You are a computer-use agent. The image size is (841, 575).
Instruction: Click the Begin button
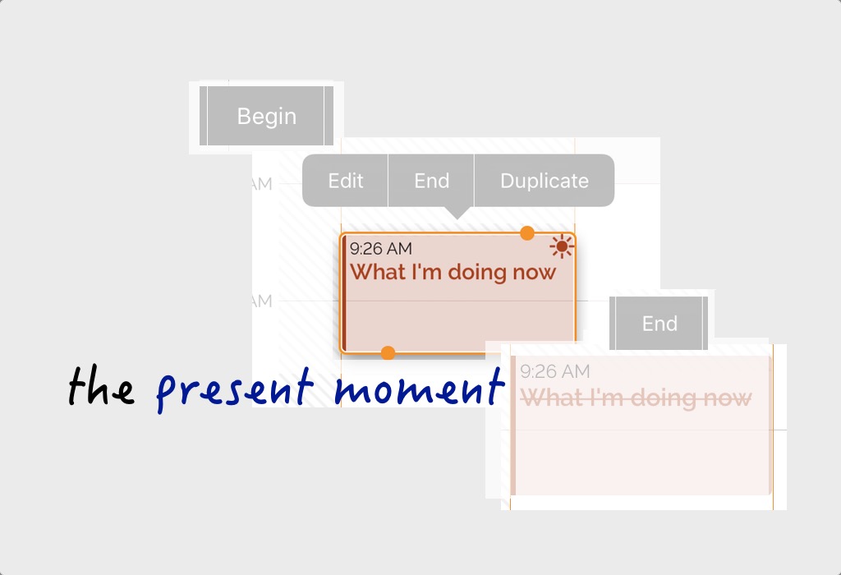click(267, 116)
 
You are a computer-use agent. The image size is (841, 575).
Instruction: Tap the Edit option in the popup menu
click(346, 181)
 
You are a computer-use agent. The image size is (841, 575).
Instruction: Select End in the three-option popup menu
click(432, 181)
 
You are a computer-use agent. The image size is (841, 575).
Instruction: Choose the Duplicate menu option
click(545, 181)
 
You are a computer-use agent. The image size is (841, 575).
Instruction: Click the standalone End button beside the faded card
click(659, 324)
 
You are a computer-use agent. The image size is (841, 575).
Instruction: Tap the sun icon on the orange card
click(562, 246)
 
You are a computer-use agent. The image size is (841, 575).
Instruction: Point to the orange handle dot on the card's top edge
click(527, 233)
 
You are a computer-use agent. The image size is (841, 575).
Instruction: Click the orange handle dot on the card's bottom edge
click(388, 353)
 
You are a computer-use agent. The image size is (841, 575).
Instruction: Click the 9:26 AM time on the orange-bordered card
click(381, 249)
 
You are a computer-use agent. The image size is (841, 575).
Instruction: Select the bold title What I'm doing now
click(453, 273)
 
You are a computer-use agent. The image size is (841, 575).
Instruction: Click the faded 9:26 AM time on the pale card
click(555, 371)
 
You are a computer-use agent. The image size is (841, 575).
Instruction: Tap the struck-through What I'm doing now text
click(636, 398)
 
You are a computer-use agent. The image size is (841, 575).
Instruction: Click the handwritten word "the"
click(101, 385)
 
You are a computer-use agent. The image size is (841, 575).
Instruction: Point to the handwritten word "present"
click(234, 390)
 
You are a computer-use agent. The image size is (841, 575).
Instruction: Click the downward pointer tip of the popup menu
click(457, 218)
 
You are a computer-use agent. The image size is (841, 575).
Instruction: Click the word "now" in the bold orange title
click(534, 273)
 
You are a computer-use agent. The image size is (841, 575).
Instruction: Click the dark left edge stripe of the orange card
click(344, 293)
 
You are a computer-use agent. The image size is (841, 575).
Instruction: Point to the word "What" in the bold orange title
click(378, 272)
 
